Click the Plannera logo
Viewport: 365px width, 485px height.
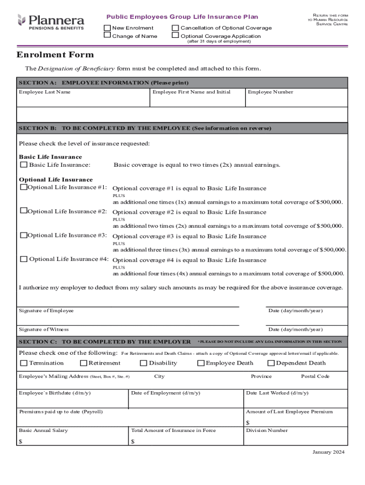click(50, 22)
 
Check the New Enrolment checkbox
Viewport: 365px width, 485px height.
click(108, 28)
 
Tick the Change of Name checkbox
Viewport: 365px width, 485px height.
click(108, 36)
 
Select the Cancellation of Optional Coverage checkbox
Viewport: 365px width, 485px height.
click(175, 28)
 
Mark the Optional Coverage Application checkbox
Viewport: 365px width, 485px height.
click(175, 36)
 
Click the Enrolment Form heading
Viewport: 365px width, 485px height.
click(55, 54)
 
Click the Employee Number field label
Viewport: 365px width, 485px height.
click(270, 92)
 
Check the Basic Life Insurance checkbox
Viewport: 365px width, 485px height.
click(23, 165)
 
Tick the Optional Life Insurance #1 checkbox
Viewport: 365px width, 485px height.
click(23, 188)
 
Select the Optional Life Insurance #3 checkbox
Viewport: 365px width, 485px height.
click(23, 235)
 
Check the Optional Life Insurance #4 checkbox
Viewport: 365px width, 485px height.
click(23, 259)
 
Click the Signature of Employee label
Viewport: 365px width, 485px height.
click(46, 311)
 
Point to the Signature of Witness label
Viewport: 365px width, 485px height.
click(44, 329)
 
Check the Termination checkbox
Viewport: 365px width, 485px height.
click(23, 363)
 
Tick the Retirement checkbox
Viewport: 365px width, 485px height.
click(83, 363)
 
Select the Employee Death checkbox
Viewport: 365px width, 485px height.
click(201, 363)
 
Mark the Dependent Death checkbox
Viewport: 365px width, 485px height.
click(271, 363)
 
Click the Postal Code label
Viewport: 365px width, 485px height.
click(315, 377)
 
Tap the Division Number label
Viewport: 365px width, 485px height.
click(266, 431)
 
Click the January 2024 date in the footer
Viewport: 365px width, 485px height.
click(328, 452)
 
